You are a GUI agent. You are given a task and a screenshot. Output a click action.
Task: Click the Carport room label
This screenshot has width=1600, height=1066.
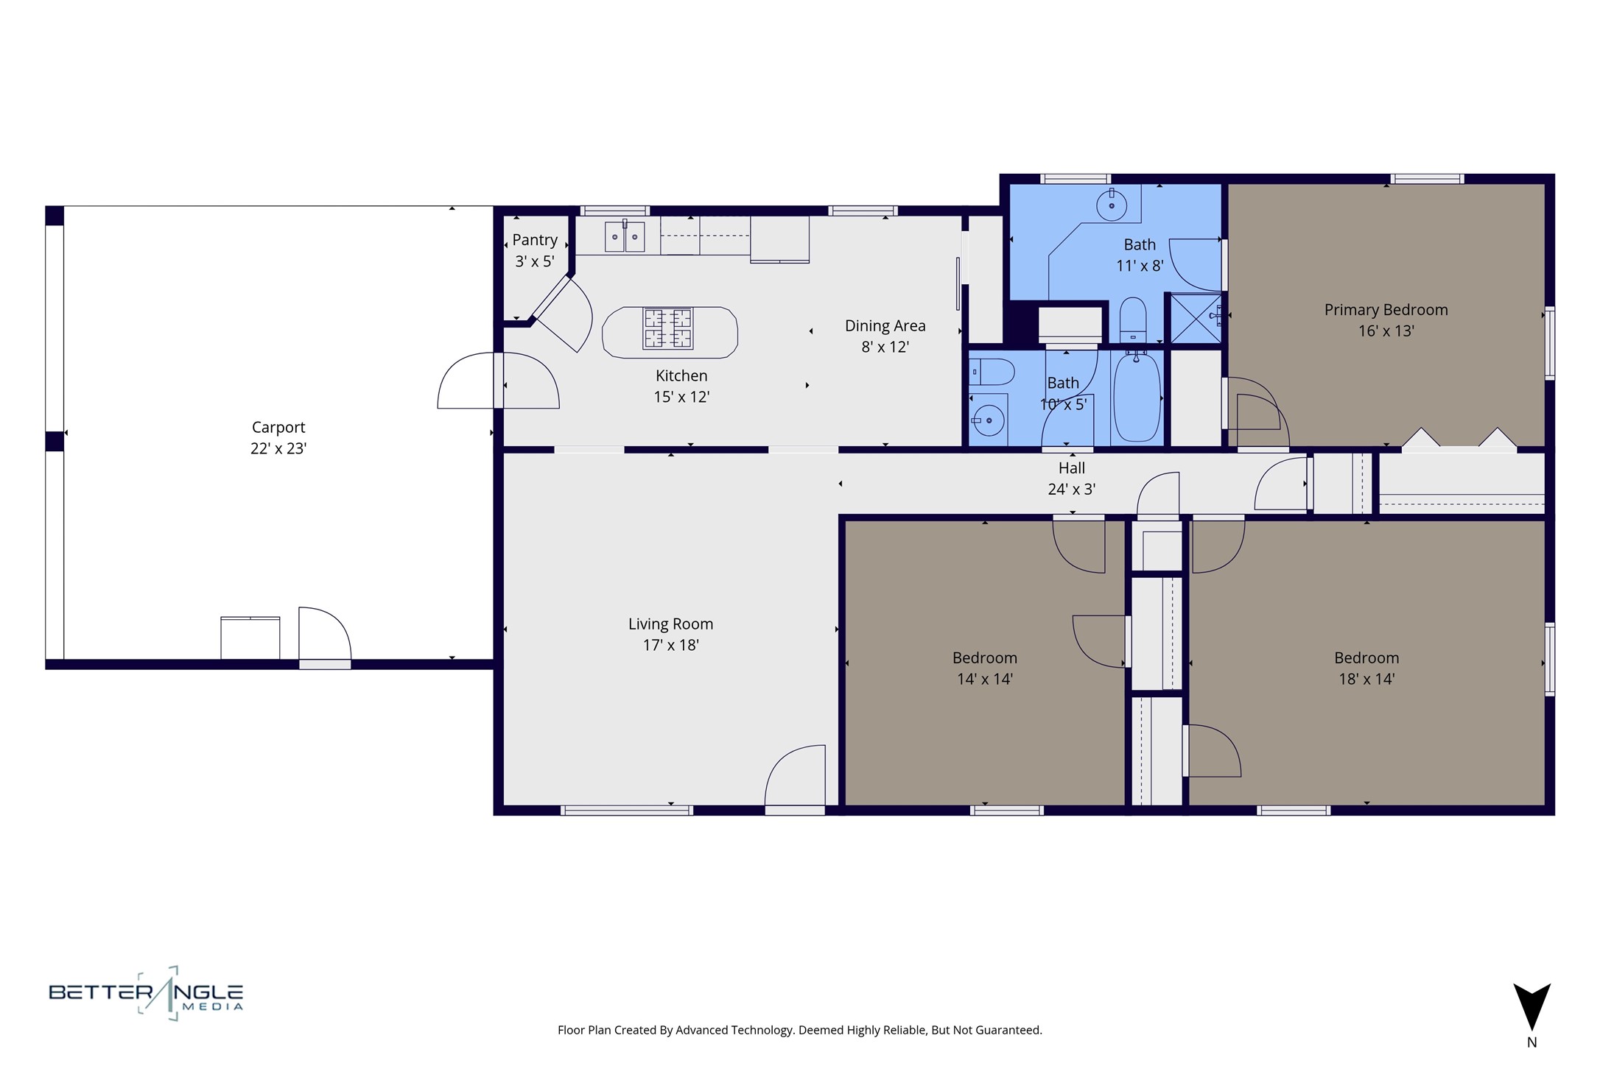tap(278, 427)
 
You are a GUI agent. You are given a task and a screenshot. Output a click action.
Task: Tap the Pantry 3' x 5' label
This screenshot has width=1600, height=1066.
tap(535, 250)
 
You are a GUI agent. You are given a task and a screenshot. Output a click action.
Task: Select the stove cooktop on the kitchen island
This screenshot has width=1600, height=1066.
tap(668, 328)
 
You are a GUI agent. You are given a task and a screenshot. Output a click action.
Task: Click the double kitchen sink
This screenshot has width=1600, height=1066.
tap(625, 236)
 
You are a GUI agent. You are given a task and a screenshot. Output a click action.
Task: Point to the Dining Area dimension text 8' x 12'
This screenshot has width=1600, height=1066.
tap(885, 347)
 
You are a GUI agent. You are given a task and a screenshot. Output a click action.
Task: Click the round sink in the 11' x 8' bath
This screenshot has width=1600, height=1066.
tap(1112, 205)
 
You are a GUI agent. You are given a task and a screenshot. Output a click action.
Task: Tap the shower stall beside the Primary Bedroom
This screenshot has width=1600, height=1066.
tap(1196, 318)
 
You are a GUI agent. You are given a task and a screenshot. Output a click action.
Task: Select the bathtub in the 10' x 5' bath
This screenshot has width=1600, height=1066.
tap(1137, 398)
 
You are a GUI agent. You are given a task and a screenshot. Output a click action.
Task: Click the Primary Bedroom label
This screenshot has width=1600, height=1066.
tap(1386, 310)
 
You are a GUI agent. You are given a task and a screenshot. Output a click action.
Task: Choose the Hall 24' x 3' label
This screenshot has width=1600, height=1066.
tap(1072, 478)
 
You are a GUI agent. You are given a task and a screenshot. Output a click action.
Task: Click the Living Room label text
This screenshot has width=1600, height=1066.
tap(670, 624)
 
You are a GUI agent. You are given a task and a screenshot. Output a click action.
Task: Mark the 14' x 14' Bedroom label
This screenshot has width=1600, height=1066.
tap(985, 668)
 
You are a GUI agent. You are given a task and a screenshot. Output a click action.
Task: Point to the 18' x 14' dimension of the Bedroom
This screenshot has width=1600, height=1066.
tap(1367, 679)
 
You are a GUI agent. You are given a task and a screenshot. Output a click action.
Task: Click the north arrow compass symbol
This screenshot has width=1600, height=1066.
tap(1531, 1006)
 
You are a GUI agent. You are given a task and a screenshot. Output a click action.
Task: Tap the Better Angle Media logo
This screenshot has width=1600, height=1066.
tap(146, 993)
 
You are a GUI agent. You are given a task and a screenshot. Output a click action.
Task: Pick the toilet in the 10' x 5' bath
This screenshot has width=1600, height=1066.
tap(992, 373)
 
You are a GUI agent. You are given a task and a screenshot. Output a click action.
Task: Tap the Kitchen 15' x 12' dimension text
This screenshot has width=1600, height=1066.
tap(681, 397)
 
